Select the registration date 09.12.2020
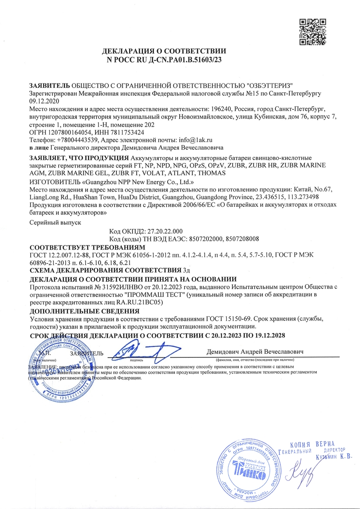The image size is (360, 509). (43, 101)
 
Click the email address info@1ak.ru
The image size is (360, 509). (196, 140)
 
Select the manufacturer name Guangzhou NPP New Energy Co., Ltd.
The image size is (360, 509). (134, 181)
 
